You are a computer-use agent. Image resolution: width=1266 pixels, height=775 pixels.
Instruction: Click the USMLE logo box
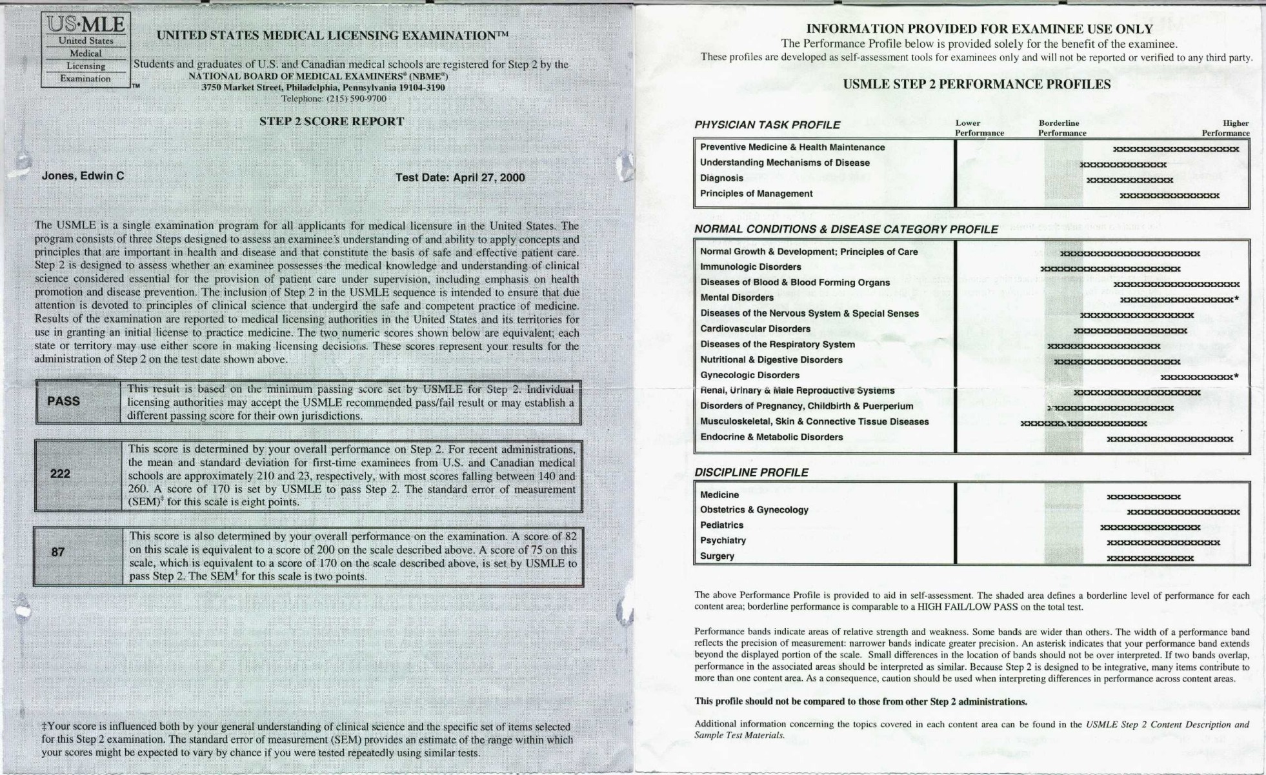coord(86,50)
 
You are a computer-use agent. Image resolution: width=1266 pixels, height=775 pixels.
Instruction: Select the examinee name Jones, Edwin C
coord(83,176)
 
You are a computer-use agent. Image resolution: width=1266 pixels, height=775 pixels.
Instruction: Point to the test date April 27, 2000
coord(460,177)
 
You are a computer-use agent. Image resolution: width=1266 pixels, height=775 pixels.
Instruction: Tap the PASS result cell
coord(63,401)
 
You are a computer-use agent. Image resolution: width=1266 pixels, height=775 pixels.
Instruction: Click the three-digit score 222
coord(60,474)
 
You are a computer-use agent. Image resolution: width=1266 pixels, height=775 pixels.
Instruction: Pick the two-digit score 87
coord(58,552)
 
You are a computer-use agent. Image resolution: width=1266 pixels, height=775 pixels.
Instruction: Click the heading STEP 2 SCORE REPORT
coord(332,121)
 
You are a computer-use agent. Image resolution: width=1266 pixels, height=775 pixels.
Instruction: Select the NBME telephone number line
coord(333,99)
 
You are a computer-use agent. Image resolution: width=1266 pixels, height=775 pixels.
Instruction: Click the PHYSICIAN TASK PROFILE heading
coord(767,125)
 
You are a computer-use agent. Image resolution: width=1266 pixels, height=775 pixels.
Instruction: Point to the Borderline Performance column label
coord(1061,128)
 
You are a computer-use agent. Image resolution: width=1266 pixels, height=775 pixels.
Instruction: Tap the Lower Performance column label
coord(979,128)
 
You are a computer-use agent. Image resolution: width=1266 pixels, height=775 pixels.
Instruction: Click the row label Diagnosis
coord(721,178)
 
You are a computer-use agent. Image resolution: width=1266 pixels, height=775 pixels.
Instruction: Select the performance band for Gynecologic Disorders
coord(1198,377)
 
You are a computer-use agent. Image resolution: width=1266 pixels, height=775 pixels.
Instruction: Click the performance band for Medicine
coord(1143,497)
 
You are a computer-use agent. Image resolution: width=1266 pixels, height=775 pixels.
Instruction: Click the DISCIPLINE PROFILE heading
coord(751,472)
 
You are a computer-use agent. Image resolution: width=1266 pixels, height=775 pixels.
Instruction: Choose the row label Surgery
coord(717,556)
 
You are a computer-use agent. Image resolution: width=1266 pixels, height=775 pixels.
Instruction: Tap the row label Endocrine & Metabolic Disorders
coord(771,437)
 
